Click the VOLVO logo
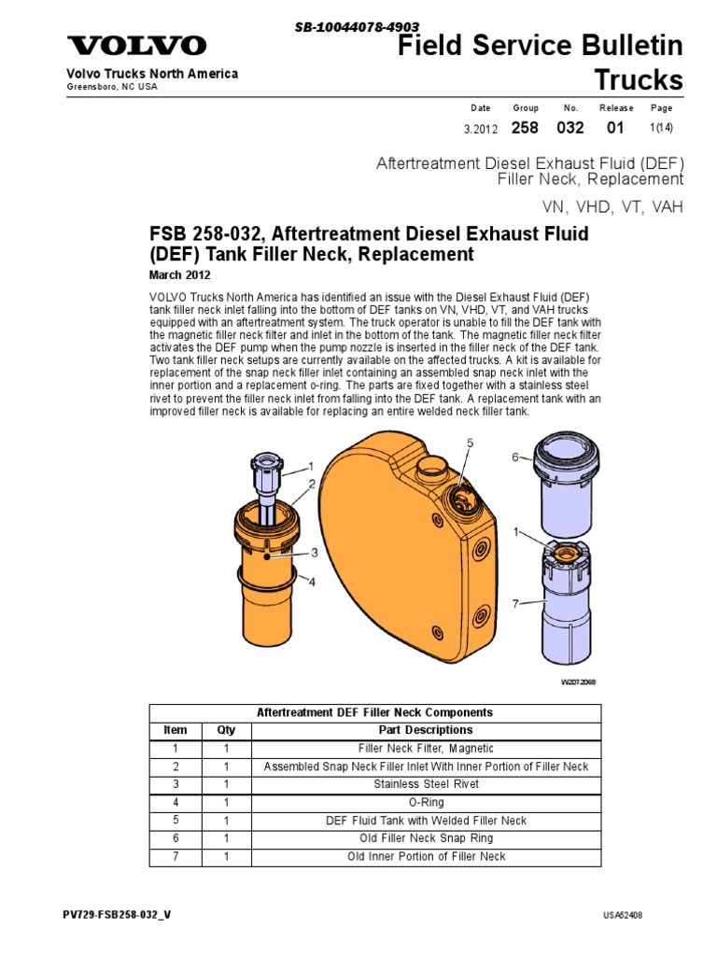click(x=136, y=46)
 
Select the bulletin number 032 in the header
click(x=570, y=128)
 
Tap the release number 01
click(x=615, y=128)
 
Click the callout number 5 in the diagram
click(x=471, y=443)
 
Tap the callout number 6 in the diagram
click(x=514, y=457)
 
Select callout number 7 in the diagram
click(x=514, y=605)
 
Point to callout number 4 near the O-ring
click(x=312, y=582)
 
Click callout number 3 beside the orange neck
click(x=315, y=553)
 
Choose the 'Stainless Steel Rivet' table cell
click(x=426, y=784)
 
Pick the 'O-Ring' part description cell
click(x=426, y=802)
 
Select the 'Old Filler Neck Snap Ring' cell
click(x=426, y=838)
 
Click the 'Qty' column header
click(x=227, y=730)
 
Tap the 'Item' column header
click(x=175, y=730)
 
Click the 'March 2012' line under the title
click(x=180, y=275)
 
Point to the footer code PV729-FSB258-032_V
click(x=117, y=914)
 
